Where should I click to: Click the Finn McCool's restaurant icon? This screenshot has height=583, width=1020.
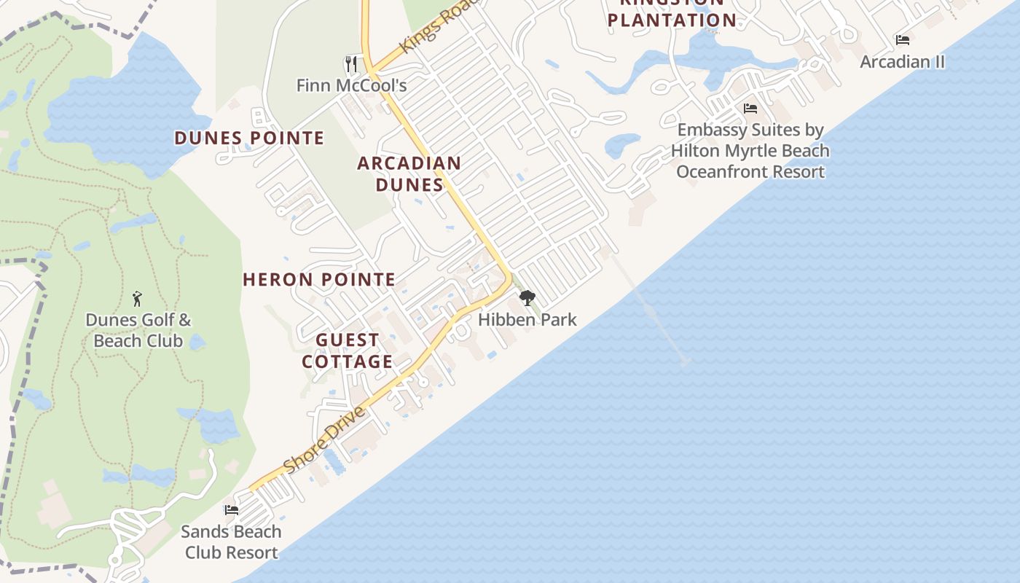coord(351,64)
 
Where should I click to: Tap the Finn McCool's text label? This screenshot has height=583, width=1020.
coord(351,85)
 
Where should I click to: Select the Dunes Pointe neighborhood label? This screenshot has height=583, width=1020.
coord(249,138)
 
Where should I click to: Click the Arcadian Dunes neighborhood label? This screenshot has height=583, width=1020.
coord(409,173)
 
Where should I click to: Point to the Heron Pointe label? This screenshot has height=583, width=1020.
coord(319,279)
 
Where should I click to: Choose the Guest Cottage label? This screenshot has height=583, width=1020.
coord(348,351)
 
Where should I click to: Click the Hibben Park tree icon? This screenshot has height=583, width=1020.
coord(527,298)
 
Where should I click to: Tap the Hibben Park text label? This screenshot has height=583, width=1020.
coord(527,319)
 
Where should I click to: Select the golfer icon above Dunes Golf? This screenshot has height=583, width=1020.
coord(137,298)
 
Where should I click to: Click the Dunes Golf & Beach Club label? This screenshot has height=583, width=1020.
coord(138,329)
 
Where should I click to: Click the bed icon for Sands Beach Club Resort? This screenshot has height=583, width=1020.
coord(231,509)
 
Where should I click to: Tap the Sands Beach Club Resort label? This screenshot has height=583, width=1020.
coord(231,541)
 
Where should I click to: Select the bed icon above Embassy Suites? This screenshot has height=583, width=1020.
coord(750,109)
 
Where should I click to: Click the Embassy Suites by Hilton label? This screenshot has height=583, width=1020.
coord(750,151)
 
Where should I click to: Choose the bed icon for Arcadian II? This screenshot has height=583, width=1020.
coord(903,40)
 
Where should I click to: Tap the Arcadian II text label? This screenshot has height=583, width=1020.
coord(903,62)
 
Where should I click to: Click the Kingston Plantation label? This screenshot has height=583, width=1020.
coord(672,15)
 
